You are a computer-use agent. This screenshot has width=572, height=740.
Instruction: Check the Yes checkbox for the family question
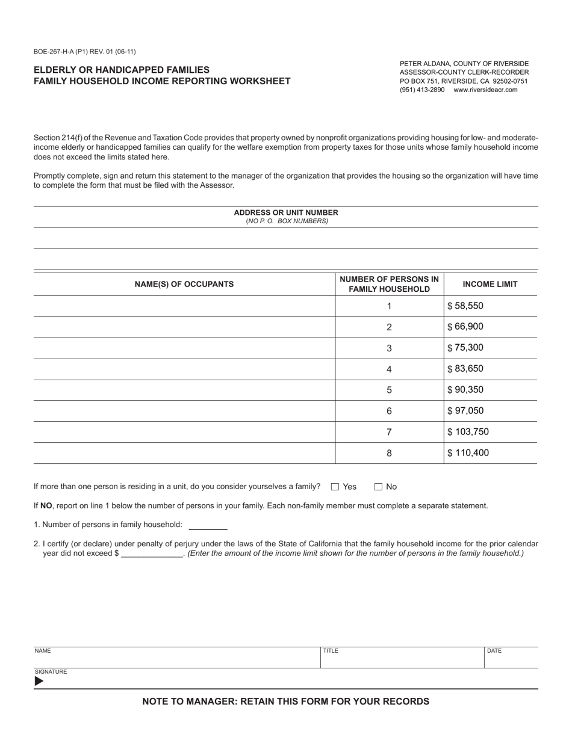[x=335, y=487]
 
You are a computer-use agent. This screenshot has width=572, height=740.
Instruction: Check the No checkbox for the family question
[x=379, y=487]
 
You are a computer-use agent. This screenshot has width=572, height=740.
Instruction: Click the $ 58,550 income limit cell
[x=490, y=306]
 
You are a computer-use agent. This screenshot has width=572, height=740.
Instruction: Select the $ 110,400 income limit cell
[x=490, y=453]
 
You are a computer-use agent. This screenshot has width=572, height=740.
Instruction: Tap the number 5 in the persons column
[x=389, y=390]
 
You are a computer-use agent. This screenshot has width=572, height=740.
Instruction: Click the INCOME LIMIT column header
[x=490, y=284]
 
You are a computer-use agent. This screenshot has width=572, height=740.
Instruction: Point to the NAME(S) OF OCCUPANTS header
[x=184, y=284]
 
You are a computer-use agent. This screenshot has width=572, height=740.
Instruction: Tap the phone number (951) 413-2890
[x=422, y=90]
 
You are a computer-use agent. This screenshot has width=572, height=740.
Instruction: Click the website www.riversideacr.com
[x=485, y=90]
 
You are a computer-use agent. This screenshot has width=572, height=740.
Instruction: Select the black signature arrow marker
[x=39, y=681]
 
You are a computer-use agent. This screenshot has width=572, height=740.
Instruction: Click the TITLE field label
[x=331, y=651]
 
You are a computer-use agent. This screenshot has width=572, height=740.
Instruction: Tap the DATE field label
[x=494, y=651]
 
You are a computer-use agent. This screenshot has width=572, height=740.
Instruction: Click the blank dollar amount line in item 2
[x=152, y=553]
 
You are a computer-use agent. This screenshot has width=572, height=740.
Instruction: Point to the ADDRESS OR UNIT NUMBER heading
[x=286, y=212]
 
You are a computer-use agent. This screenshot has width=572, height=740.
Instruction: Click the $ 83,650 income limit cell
[x=490, y=369]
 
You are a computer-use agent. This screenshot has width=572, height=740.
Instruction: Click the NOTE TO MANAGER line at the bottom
[x=286, y=701]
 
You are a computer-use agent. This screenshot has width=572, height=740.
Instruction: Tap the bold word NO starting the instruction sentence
[x=46, y=506]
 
